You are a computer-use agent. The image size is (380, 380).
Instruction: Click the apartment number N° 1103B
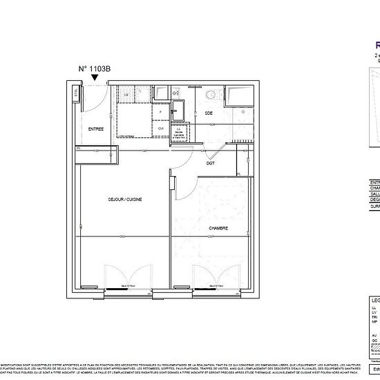tap(95, 68)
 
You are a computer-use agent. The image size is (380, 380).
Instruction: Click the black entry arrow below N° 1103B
tap(95, 79)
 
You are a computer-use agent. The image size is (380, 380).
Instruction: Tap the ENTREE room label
tap(95, 129)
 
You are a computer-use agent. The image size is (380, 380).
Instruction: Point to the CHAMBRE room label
tap(219, 227)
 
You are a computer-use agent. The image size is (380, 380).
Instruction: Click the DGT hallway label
tap(210, 163)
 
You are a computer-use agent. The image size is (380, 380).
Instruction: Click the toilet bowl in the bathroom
tap(210, 95)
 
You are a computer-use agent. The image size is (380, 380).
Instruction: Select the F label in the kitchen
tap(161, 112)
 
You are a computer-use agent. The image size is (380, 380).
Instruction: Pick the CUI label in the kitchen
tap(161, 128)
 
